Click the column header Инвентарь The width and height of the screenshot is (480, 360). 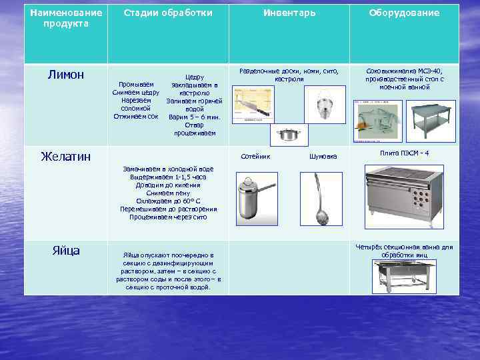[x=289, y=13]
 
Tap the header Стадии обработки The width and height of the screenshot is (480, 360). [x=168, y=13]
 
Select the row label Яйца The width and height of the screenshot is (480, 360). [x=66, y=251]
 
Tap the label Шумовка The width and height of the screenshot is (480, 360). [x=323, y=157]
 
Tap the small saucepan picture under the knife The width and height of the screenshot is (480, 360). [x=289, y=135]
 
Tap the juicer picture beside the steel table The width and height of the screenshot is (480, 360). [x=377, y=123]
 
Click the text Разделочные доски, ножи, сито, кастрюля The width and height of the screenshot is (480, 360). [x=289, y=75]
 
